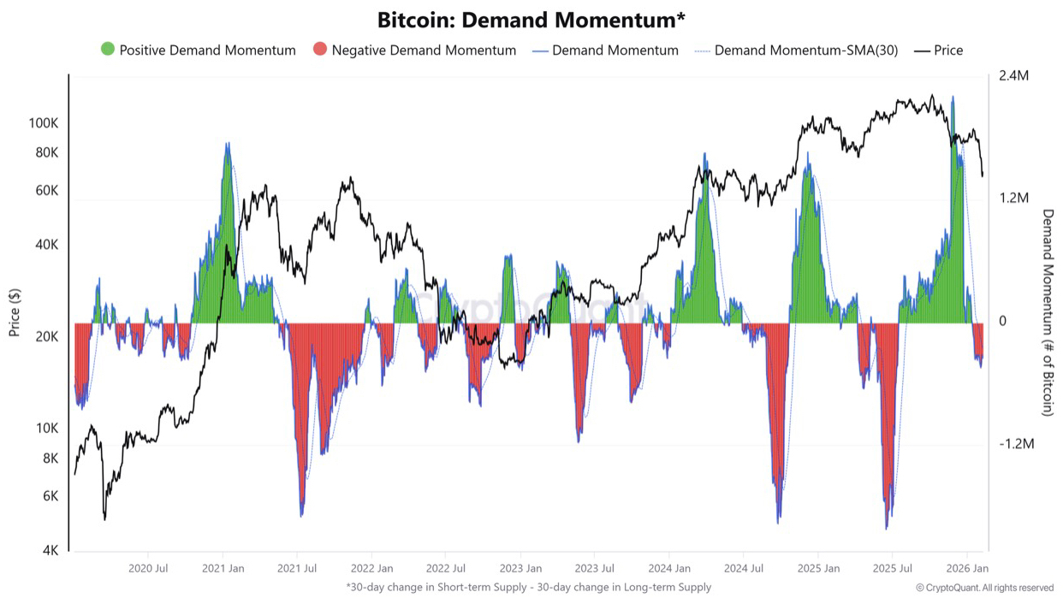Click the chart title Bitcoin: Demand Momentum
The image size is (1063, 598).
[x=531, y=20]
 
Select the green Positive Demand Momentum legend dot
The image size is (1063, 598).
[x=108, y=50]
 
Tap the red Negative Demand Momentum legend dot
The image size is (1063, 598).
[x=320, y=50]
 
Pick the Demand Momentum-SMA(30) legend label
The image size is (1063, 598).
[x=806, y=50]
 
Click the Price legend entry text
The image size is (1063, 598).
[x=948, y=50]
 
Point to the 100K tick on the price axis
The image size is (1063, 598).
[x=43, y=123]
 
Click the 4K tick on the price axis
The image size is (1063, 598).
[x=50, y=551]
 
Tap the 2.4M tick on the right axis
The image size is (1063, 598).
[x=1013, y=76]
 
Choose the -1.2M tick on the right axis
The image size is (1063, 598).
[x=1016, y=444]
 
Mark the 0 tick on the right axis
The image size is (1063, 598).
[x=1002, y=322]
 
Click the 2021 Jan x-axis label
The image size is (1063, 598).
[x=223, y=568]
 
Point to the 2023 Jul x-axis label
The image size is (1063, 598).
[x=595, y=568]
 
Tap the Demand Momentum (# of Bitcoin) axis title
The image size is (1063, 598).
[x=1047, y=312]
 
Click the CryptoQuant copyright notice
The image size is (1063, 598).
[x=984, y=588]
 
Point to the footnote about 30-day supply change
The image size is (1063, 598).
[x=528, y=587]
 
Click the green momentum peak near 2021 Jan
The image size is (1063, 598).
[x=227, y=147]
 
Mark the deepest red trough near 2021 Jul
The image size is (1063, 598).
[x=301, y=513]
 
